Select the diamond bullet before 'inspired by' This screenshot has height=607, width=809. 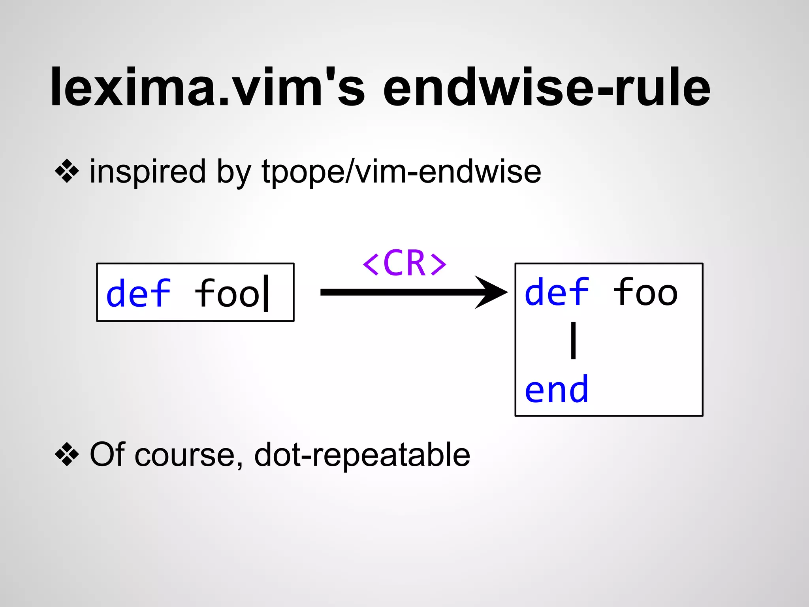click(x=67, y=172)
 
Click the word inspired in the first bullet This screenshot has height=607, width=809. click(x=148, y=172)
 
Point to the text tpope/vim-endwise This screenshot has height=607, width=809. click(x=401, y=172)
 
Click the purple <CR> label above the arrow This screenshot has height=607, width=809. click(x=404, y=263)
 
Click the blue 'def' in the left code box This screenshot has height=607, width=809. click(x=138, y=293)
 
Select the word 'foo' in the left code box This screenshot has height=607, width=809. click(x=227, y=293)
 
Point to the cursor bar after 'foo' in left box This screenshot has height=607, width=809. click(x=266, y=293)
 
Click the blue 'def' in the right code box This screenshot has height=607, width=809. click(x=557, y=292)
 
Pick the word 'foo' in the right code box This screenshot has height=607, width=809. click(x=645, y=292)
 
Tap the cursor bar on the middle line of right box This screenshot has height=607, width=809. click(x=573, y=341)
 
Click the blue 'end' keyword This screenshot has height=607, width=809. click(x=557, y=390)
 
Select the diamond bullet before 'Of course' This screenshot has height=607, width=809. click(x=67, y=454)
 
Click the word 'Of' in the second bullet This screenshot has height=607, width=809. click(x=106, y=454)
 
